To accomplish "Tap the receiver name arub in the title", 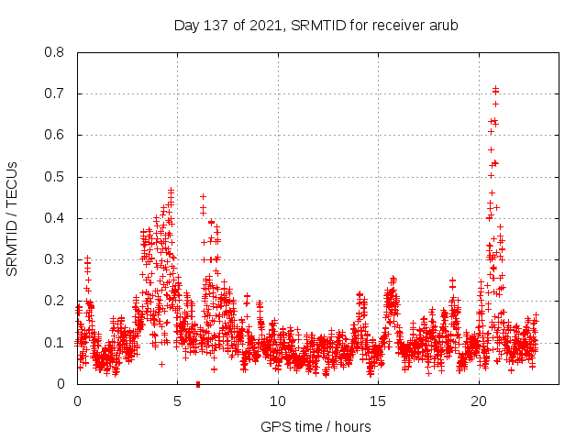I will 442,25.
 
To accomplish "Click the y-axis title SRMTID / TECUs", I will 13,218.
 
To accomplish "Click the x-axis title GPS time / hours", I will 316,426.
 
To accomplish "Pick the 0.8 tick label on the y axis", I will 54,52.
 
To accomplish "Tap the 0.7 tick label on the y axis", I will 54,93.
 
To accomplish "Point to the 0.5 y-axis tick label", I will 54,177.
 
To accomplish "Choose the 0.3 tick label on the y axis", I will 54,259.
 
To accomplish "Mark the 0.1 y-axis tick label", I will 54,343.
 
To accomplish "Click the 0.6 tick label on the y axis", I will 54,135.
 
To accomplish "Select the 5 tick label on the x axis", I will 178,401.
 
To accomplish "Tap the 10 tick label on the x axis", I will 278,401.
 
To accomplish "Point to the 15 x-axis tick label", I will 379,401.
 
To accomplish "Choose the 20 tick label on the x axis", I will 480,401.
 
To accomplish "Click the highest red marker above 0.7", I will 495,88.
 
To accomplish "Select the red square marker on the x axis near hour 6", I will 198,384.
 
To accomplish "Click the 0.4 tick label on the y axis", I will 54,218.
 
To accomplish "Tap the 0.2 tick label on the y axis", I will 54,301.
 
